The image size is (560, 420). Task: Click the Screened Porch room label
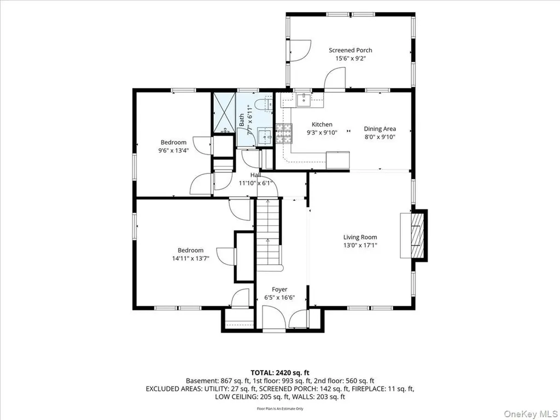click(x=350, y=50)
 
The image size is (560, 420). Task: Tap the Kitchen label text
click(x=322, y=124)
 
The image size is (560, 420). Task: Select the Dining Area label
click(x=380, y=129)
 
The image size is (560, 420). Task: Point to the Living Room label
click(x=360, y=237)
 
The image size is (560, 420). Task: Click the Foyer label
click(x=279, y=289)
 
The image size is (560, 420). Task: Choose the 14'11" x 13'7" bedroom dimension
click(x=190, y=258)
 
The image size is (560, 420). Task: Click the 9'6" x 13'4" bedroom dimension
click(x=173, y=150)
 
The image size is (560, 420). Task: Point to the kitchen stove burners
click(x=284, y=133)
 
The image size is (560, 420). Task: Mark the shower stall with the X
click(x=224, y=113)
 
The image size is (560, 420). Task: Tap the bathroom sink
click(x=265, y=136)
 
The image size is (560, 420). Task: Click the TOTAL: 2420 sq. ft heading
click(x=280, y=373)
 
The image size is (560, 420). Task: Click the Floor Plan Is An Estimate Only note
click(x=280, y=409)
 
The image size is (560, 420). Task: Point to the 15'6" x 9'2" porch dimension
click(x=351, y=59)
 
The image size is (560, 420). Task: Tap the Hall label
click(x=255, y=175)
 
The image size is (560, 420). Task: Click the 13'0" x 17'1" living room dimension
click(x=360, y=246)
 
